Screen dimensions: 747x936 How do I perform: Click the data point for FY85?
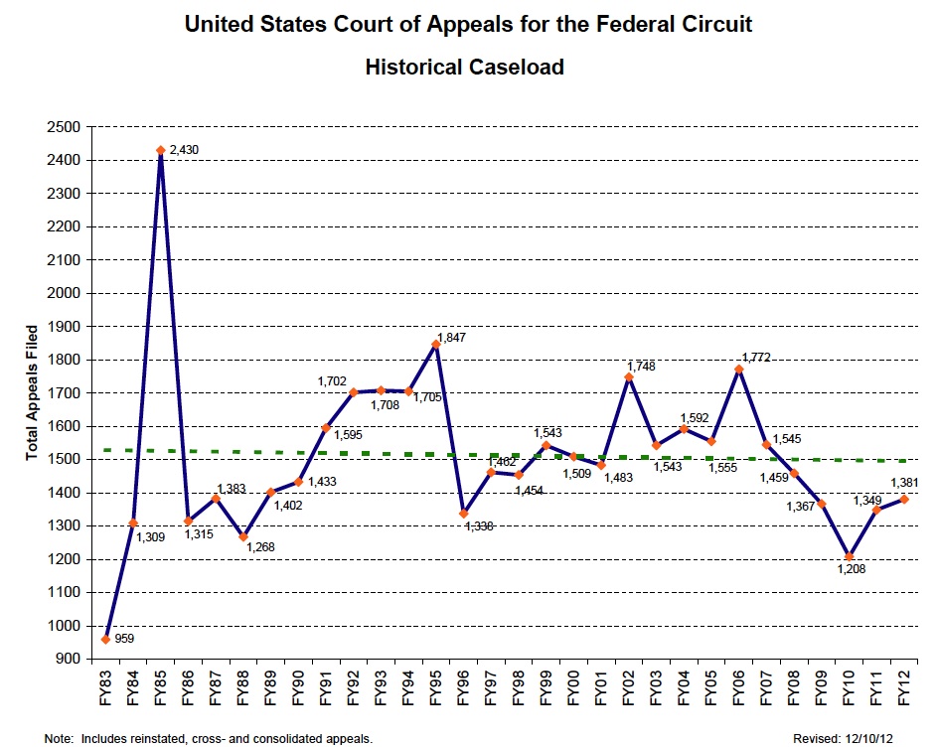160,150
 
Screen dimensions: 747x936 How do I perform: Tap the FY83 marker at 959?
105,639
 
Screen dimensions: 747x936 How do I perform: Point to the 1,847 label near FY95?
452,338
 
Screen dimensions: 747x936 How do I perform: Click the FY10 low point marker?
850,556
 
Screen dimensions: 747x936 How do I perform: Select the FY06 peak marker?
739,370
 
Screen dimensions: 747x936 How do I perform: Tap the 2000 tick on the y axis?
64,293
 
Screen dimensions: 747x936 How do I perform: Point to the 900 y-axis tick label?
68,659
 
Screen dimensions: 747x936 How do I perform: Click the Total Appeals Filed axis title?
32,392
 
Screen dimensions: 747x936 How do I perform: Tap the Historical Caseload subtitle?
465,68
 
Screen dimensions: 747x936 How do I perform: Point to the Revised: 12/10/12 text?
843,738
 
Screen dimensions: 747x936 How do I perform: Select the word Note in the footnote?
58,738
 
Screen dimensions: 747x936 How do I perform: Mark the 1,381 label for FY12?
905,484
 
